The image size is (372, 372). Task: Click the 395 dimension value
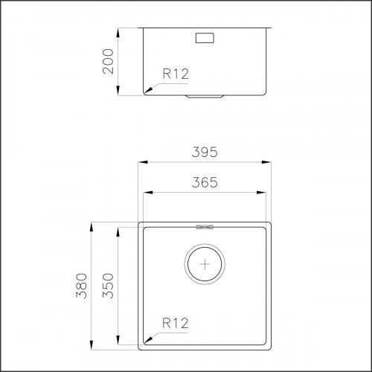[x=204, y=153]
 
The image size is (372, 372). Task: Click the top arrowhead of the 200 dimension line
[x=120, y=32]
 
